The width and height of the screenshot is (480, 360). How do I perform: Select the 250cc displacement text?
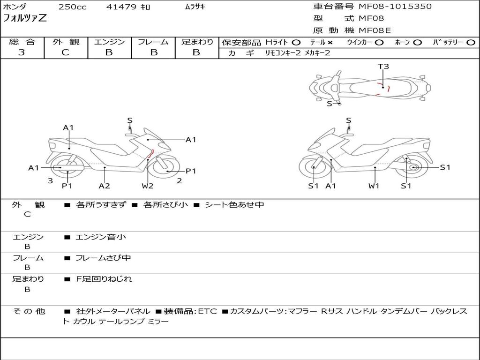coord(72,7)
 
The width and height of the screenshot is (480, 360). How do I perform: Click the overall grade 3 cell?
coord(22,52)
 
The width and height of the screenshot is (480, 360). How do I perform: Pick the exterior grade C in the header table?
coord(65,52)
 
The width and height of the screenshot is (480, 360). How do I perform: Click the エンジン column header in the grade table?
coord(109,42)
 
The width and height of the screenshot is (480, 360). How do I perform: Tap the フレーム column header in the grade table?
coord(153,42)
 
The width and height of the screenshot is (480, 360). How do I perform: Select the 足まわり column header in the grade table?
coord(197,42)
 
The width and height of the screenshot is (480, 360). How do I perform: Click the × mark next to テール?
coord(330,43)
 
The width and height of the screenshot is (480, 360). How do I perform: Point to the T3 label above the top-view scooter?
coord(383,67)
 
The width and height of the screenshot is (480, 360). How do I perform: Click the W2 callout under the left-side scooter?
coord(148,186)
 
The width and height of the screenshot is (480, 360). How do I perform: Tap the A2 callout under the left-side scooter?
coord(104,186)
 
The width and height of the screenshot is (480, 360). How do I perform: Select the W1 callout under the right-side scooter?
coord(374,186)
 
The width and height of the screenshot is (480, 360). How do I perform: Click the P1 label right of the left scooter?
coord(191,171)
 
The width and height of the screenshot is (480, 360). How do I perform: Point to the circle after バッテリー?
coord(471,43)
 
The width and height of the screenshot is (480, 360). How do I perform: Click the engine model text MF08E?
coord(375,31)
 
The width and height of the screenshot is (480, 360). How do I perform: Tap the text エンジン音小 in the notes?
coord(101,237)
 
